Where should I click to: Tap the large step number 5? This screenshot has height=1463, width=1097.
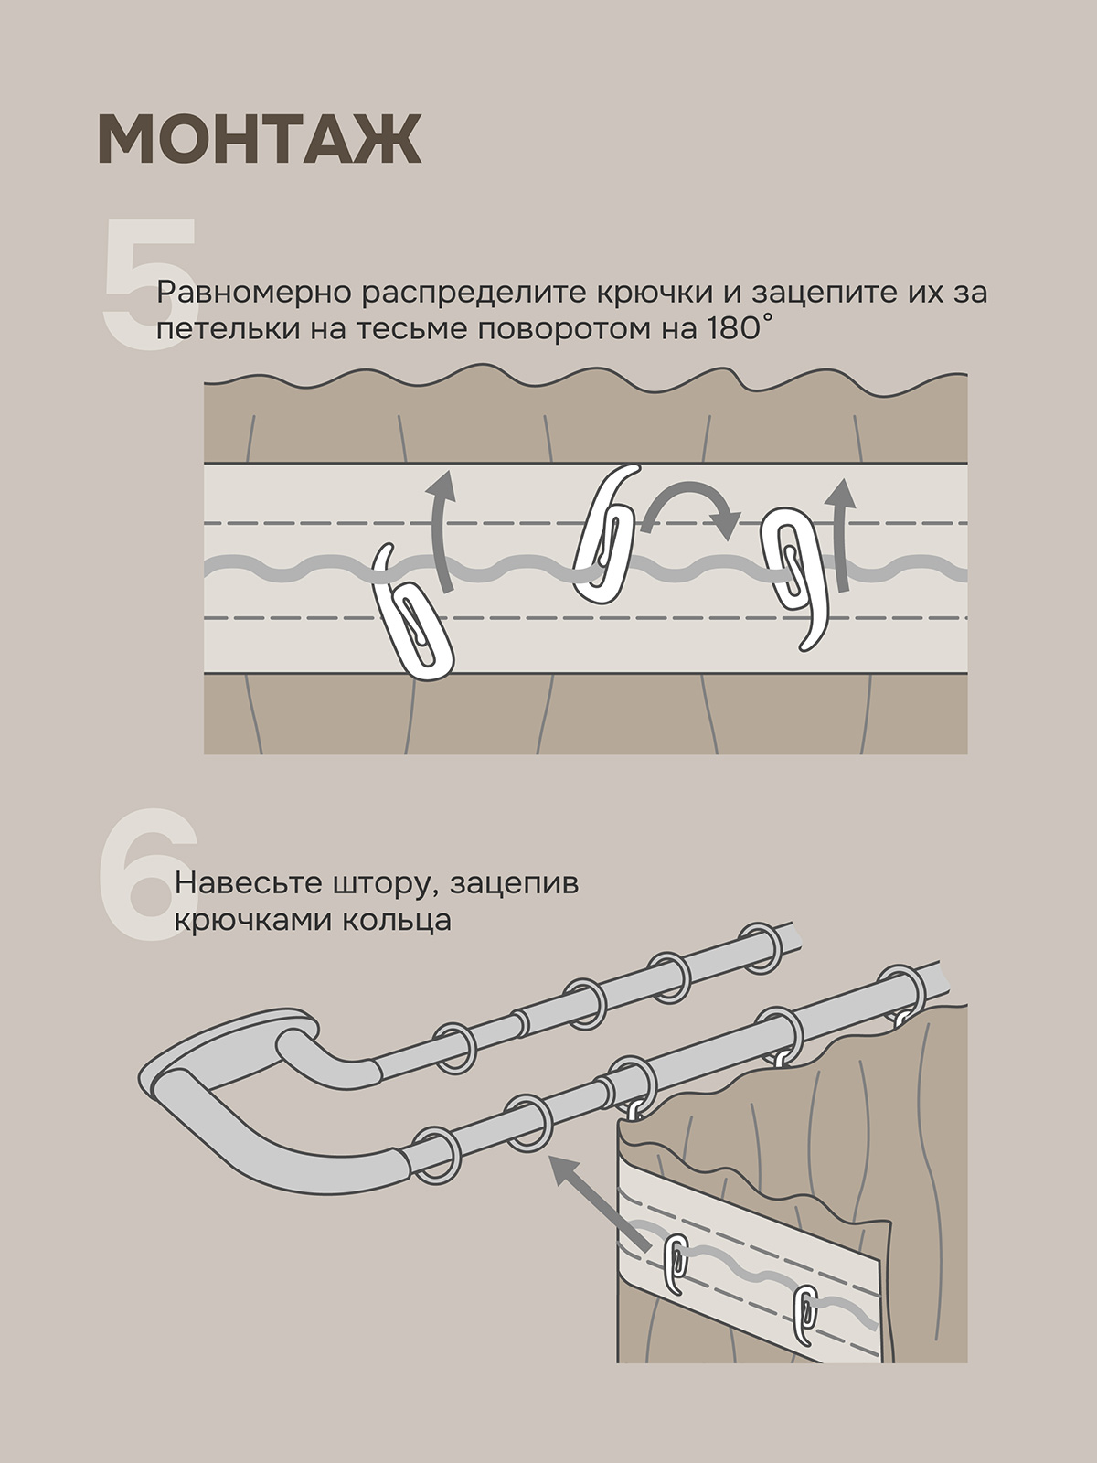148,283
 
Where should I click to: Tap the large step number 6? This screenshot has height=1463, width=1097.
148,874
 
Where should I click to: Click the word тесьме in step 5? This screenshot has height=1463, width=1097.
417,329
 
